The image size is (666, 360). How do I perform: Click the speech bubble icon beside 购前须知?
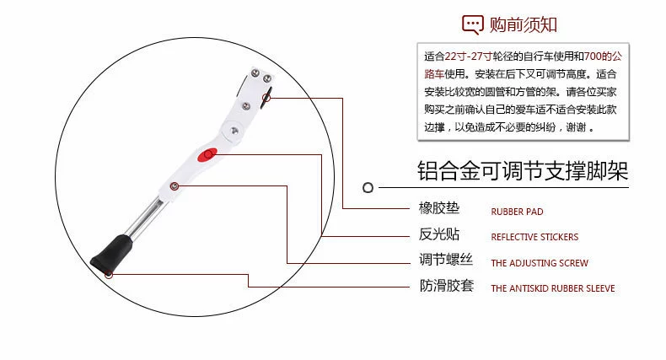point(473,24)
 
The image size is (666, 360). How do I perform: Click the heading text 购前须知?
point(524,24)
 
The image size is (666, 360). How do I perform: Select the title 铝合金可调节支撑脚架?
point(523,170)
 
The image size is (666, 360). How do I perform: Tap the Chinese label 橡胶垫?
point(438,208)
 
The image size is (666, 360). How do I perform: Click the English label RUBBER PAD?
point(517,212)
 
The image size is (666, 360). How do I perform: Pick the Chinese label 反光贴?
point(438,234)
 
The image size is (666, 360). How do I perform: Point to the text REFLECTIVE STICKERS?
point(534,237)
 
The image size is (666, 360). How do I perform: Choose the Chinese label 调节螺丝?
point(446,260)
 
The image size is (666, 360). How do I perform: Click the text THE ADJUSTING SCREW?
point(540,263)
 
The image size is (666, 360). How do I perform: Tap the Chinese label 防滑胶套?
point(447,285)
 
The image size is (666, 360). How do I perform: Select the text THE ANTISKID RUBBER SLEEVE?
point(552,288)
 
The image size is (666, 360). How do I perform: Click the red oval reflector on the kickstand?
point(207,155)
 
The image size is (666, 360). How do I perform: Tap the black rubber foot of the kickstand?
point(111,254)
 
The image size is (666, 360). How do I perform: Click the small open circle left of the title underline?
point(368,188)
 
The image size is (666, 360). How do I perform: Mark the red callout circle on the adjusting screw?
point(175,186)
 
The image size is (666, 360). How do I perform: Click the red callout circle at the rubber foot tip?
point(109,274)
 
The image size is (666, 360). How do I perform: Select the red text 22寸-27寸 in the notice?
point(469,56)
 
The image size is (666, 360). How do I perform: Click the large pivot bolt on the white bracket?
point(234,130)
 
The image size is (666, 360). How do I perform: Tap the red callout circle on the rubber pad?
point(266,98)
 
